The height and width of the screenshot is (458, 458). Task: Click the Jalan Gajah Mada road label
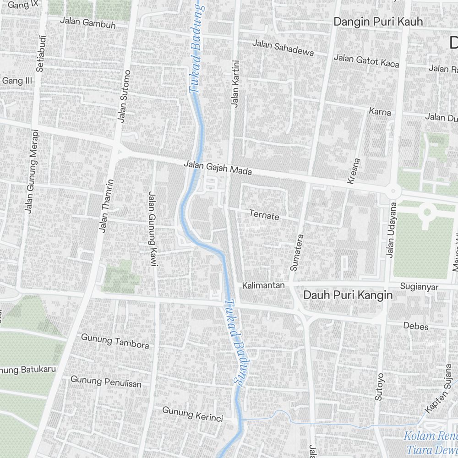[218, 168]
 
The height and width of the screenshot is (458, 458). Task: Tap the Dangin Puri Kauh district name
[378, 22]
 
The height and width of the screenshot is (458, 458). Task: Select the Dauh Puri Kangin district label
[348, 295]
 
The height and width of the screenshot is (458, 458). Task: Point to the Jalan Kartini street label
[235, 84]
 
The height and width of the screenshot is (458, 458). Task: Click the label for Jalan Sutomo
[123, 96]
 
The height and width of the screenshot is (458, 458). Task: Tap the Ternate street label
[264, 215]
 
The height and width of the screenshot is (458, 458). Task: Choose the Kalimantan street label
[263, 285]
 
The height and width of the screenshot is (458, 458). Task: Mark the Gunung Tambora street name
[115, 341]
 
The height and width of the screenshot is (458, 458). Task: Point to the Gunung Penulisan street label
[106, 381]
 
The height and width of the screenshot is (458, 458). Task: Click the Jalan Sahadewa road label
[283, 48]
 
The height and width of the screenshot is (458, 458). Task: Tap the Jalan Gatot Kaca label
[366, 60]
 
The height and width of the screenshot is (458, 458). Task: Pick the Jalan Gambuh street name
[88, 23]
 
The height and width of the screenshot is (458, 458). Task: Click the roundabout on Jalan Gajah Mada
[393, 191]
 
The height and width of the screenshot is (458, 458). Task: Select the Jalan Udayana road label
[392, 230]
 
